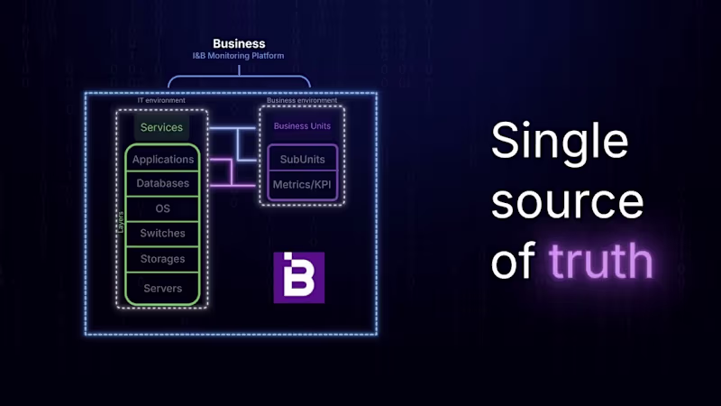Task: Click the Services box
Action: coord(161,127)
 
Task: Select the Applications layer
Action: coord(163,160)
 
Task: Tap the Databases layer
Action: coord(163,183)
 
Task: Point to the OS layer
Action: coord(163,208)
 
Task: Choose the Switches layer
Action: coord(163,234)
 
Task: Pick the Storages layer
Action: coord(163,259)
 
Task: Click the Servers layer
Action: coord(163,289)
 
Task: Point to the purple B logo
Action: coord(298,277)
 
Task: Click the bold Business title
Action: coord(239,43)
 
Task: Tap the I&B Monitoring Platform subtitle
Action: coord(239,56)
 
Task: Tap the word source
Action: coord(568,203)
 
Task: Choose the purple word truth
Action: coord(600,261)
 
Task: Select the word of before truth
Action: coord(514,261)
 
